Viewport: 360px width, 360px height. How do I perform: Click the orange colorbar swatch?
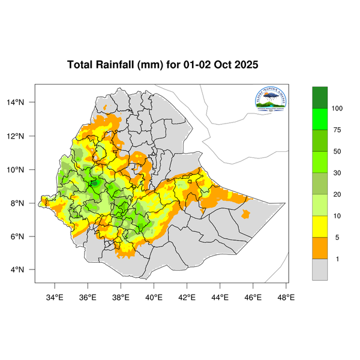(320, 248)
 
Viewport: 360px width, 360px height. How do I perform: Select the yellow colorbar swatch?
(320, 226)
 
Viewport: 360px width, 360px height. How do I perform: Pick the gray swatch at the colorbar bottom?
(320, 269)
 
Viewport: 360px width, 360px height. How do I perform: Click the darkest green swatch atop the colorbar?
(320, 97)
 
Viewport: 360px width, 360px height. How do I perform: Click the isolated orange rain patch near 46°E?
(245, 214)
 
